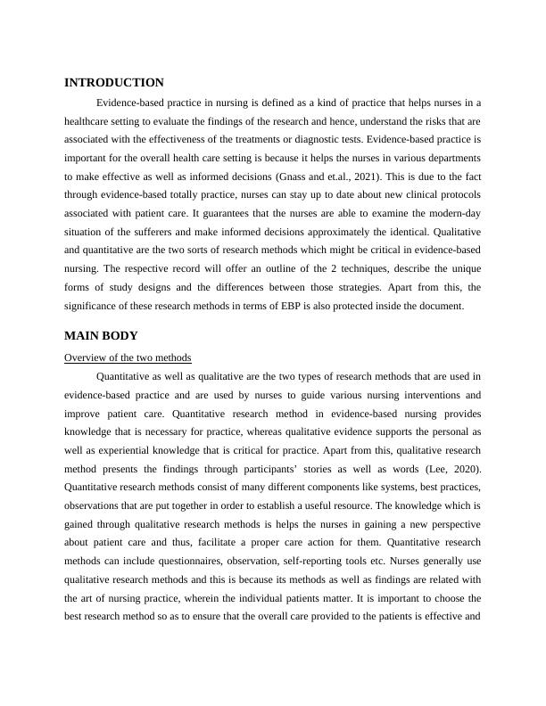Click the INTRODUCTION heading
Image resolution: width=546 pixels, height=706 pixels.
[114, 82]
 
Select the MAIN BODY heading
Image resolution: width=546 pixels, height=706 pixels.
[101, 336]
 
